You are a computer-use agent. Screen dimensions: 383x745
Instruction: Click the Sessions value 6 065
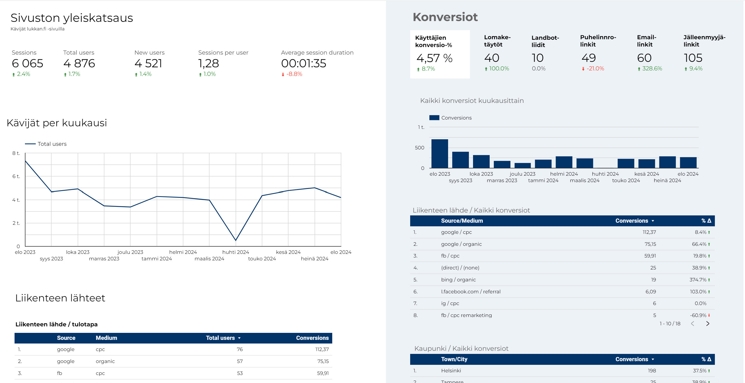(x=28, y=63)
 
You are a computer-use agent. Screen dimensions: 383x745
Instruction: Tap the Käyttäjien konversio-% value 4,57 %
(x=434, y=58)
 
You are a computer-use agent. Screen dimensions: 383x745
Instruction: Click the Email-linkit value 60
(x=644, y=58)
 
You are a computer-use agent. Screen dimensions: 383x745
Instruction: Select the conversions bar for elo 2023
(x=440, y=154)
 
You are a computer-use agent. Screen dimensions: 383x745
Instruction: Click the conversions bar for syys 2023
(x=460, y=160)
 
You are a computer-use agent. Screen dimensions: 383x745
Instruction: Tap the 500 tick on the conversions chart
(x=419, y=148)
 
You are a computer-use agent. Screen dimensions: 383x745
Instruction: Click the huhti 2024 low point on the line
(x=236, y=240)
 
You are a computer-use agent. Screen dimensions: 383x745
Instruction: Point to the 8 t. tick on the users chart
(x=16, y=153)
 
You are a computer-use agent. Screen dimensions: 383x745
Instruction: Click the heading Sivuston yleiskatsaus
(x=72, y=18)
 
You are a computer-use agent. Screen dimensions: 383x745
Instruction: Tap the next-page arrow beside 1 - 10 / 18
(x=707, y=323)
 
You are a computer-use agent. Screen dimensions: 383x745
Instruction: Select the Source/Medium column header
(x=462, y=221)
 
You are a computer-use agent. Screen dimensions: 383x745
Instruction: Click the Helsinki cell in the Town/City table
(x=451, y=371)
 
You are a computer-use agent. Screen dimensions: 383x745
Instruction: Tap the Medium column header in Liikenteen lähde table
(x=106, y=338)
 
